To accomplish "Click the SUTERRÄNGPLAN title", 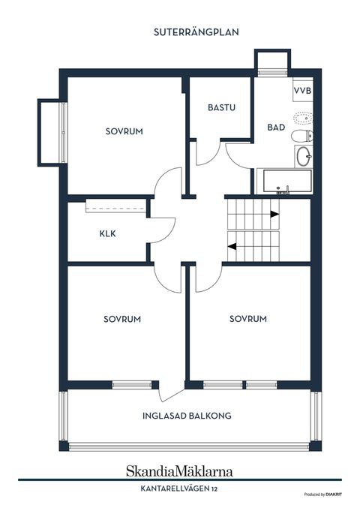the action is coord(196,32).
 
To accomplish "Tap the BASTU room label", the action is coord(221,107).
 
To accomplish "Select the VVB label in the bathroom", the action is coord(303,90).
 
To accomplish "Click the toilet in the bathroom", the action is coord(302,136).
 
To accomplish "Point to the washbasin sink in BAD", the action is coord(304,156).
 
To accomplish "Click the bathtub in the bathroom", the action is coord(287,181).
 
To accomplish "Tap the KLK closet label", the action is coord(108,233).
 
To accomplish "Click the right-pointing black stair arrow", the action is coord(274,215).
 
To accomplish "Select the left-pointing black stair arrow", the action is coord(232,246).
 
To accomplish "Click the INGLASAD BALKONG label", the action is coord(187,416).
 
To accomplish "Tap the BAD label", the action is coord(276,127).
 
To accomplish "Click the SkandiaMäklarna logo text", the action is coord(179,471).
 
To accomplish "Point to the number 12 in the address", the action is coord(214,489).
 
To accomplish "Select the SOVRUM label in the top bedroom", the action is coord(124,131).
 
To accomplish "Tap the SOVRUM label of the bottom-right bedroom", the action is coord(248,319).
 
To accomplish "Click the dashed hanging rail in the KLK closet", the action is coord(115,209).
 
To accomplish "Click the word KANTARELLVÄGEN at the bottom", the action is coord(175,489).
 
